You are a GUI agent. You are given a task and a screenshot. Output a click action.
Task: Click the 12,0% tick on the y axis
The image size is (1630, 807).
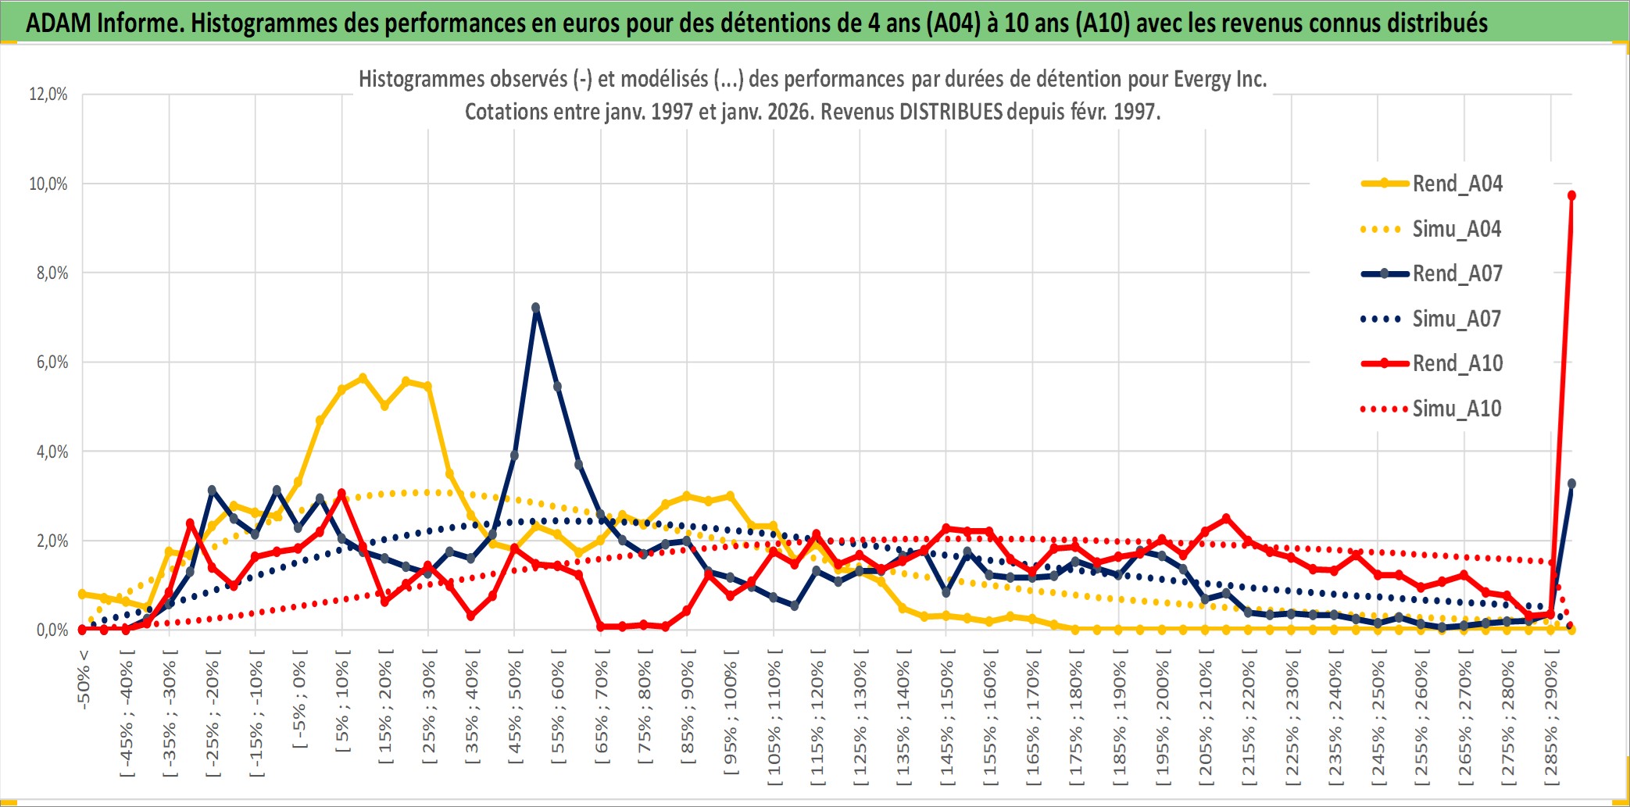coord(48,95)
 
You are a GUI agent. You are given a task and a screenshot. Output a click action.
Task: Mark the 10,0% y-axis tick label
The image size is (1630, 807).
coord(48,184)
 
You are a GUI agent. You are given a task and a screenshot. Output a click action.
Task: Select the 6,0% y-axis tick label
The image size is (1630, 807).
coord(52,362)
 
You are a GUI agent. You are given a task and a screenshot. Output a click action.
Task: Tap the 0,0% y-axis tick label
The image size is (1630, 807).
coord(52,630)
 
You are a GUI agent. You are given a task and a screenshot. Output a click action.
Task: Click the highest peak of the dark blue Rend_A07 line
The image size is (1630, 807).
coord(535,308)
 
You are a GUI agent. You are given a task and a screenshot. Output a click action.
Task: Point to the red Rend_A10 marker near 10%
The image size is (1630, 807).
coord(1571,195)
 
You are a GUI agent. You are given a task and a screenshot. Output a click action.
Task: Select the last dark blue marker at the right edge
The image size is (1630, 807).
coord(1571,484)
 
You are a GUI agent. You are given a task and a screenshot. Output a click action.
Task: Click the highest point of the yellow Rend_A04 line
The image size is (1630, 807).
coord(363,378)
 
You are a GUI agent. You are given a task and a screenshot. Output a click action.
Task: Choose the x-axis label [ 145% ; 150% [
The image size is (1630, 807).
coord(946,719)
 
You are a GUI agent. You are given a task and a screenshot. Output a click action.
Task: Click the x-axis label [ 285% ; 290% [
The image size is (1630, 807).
coord(1550,719)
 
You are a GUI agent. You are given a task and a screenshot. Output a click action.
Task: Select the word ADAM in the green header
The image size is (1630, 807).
coord(58,23)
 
